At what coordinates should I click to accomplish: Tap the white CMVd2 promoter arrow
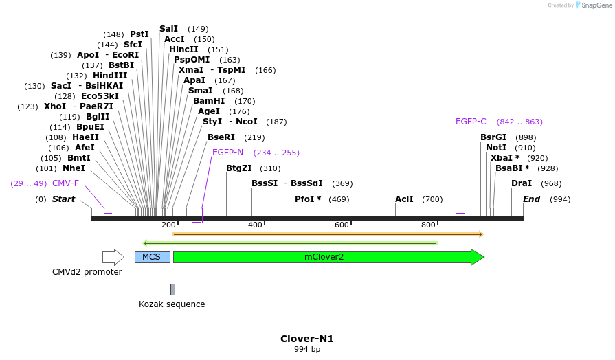(113, 257)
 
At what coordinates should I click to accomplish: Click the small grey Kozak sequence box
(172, 289)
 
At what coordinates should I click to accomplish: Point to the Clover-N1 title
(306, 339)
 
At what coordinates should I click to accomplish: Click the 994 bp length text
(306, 350)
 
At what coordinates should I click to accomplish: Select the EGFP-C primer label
(471, 122)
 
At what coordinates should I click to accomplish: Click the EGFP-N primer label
(227, 153)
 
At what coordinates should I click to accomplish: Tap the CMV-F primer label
(65, 183)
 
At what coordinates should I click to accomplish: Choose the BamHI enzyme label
(209, 101)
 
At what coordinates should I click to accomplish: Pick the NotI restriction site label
(495, 148)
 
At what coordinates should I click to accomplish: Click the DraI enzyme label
(522, 183)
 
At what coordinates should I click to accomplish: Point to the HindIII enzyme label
(110, 76)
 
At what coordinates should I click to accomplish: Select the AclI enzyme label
(404, 199)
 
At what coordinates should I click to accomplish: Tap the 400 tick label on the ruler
(256, 225)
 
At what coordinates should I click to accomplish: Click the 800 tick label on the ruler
(428, 225)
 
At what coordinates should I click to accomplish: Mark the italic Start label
(63, 199)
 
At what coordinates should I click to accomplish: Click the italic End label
(531, 199)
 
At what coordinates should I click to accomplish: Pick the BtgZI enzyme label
(239, 168)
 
